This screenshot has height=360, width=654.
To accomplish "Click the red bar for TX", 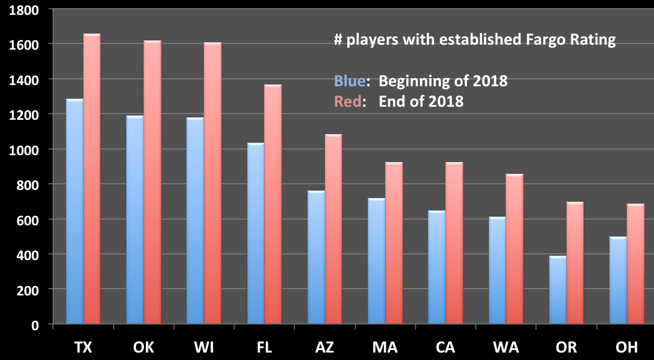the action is pos(92,178).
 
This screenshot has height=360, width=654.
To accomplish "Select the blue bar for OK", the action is pos(135,219).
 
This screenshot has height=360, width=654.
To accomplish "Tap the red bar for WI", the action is pos(212,183).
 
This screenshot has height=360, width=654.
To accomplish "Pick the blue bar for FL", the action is pos(256,233).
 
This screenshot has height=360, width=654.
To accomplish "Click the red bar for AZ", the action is pos(334,229).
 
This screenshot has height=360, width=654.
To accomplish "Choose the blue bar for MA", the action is pos(376,261).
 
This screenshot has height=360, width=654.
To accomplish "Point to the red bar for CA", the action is pos(454,243).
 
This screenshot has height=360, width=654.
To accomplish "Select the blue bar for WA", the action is pos(497,270).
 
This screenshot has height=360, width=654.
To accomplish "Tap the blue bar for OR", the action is pos(558,290).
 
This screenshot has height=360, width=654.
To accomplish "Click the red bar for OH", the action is pos(635,263).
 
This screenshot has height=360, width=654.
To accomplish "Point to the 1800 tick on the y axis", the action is pos(50,9).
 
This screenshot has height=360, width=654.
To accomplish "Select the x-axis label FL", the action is pos(265,347).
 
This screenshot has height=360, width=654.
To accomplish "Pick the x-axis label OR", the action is pos(566,347).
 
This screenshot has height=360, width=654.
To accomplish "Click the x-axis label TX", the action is pos(83,347).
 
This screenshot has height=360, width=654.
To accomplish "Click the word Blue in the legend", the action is pos(350,81).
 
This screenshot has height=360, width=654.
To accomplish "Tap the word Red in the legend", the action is pos(348,101).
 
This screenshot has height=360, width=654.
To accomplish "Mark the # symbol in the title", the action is pos(338,40).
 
